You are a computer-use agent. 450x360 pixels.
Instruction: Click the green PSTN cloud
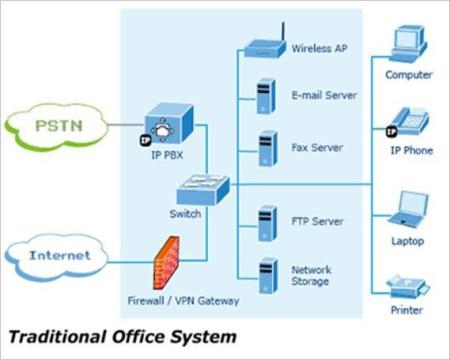coord(56,127)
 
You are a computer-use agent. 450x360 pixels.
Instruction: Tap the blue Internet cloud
coord(57,257)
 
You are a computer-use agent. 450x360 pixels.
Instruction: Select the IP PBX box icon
coord(169,124)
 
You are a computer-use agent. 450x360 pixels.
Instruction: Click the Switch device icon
coord(203,189)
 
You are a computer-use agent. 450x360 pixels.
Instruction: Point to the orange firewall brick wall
coord(166,263)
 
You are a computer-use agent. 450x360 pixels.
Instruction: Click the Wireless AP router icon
coord(265,49)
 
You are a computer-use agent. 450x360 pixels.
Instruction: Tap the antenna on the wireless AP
coord(283,32)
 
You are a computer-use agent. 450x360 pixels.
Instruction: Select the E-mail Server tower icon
coord(266,96)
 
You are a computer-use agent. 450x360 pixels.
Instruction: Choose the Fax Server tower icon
coord(268,149)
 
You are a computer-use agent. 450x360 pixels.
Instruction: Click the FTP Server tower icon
coord(267,223)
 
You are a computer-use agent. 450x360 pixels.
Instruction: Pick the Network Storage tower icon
coord(268,275)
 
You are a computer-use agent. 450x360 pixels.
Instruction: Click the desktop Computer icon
coord(409,44)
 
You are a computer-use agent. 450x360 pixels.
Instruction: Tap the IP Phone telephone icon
coord(411,121)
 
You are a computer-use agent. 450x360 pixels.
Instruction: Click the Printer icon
coord(408,286)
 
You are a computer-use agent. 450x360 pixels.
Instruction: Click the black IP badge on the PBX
coord(145,140)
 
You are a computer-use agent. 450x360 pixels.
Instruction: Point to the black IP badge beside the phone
coord(392,131)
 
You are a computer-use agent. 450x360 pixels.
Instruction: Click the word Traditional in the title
coord(57,337)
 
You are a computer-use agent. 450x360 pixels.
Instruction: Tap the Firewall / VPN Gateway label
coord(183,301)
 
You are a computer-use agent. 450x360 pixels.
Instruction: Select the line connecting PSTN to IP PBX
coord(126,125)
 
